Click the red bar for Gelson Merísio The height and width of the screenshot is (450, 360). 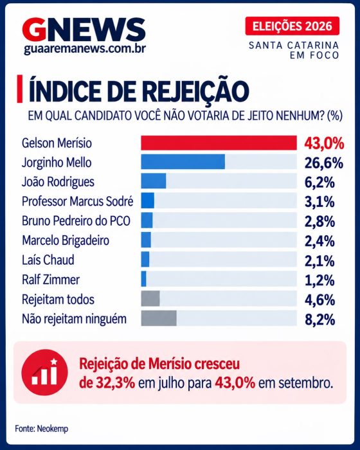pyautogui.click(x=219, y=143)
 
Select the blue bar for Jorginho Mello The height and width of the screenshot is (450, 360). pyautogui.click(x=183, y=161)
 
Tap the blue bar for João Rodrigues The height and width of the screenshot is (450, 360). pyautogui.click(x=153, y=181)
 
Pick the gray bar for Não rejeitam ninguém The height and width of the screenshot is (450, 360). pyautogui.click(x=159, y=318)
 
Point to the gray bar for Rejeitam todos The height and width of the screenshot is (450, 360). pyautogui.click(x=150, y=299)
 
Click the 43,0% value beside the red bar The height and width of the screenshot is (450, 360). pyautogui.click(x=324, y=143)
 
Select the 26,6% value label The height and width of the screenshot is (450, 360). pyautogui.click(x=324, y=163)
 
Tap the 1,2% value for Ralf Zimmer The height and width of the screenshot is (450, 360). pyautogui.click(x=319, y=280)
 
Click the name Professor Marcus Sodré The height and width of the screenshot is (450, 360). pyautogui.click(x=78, y=201)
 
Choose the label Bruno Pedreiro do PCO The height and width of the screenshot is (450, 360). pyautogui.click(x=76, y=221)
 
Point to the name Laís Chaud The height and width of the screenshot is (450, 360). pyautogui.click(x=48, y=260)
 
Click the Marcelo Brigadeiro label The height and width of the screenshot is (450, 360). pyautogui.click(x=66, y=240)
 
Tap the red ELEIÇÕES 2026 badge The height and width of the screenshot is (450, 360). pyautogui.click(x=292, y=26)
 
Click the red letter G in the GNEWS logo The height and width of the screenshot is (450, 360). pyautogui.click(x=34, y=30)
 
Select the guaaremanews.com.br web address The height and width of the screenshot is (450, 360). pyautogui.click(x=85, y=49)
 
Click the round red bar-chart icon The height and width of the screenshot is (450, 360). pyautogui.click(x=44, y=372)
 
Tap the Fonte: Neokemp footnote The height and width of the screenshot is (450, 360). pyautogui.click(x=42, y=429)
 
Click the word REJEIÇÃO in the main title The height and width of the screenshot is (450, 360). pyautogui.click(x=195, y=91)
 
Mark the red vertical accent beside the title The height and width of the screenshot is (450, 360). pyautogui.click(x=19, y=89)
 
